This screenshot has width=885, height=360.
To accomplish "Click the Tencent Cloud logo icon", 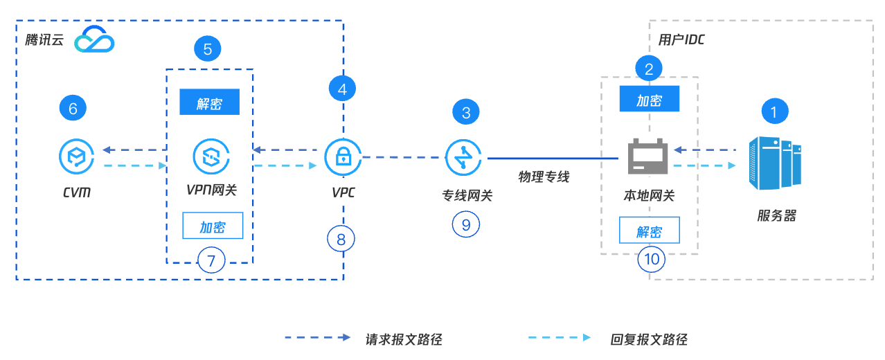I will click(x=95, y=40).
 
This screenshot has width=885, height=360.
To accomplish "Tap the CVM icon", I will click(x=77, y=156).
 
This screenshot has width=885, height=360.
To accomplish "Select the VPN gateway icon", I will click(x=210, y=156).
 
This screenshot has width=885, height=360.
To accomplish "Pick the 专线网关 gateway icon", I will click(x=465, y=157).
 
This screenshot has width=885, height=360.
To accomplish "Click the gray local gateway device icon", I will click(x=647, y=157).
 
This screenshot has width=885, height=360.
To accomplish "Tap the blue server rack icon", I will click(x=775, y=163).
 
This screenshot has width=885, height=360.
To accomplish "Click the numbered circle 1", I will click(x=775, y=111).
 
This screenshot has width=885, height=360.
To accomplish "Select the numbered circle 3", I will click(x=466, y=111).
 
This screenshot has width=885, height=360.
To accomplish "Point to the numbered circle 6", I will click(x=73, y=107).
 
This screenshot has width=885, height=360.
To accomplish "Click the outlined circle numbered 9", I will click(x=466, y=224).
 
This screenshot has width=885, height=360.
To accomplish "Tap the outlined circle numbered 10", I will click(x=652, y=259).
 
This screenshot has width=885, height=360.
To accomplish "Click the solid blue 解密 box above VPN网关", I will click(x=209, y=102).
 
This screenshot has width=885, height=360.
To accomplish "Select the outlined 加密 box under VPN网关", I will click(x=213, y=226).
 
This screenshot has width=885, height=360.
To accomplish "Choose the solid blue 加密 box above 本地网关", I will click(x=649, y=99).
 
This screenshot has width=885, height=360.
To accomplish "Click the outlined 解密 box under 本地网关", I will click(x=649, y=231).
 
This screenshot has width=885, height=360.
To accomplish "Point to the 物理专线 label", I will click(x=544, y=177).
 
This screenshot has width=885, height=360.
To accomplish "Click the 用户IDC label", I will click(x=681, y=39).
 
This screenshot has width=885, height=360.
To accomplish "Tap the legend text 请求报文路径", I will click(x=404, y=339).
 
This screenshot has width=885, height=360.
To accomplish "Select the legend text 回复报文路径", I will click(x=649, y=339).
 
